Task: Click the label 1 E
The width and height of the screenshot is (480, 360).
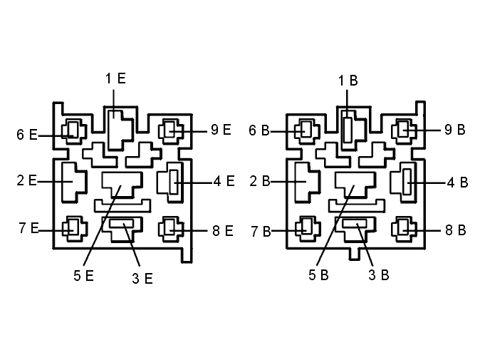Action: (x=115, y=78)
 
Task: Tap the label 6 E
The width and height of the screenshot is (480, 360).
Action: (x=26, y=135)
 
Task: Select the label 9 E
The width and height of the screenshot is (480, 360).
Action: (x=221, y=130)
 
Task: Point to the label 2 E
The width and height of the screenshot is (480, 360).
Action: (x=26, y=180)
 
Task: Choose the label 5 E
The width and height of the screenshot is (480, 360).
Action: (x=83, y=275)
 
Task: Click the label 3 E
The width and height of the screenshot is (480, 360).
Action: (x=142, y=279)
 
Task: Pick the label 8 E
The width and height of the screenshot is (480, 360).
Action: (x=223, y=231)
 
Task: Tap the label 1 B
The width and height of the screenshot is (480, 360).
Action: (x=348, y=81)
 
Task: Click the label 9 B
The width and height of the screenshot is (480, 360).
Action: (x=455, y=130)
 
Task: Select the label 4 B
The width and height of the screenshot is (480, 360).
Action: (x=458, y=182)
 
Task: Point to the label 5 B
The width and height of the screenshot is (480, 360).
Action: (x=318, y=275)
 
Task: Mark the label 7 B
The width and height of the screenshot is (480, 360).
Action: (x=261, y=232)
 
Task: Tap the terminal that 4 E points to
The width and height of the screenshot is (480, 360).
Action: (x=174, y=182)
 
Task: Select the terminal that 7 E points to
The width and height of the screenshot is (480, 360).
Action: (x=73, y=226)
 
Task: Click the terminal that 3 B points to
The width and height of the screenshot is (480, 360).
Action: (x=355, y=223)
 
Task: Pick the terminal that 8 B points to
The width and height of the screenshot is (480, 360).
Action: (x=403, y=226)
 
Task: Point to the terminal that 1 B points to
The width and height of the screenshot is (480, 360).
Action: (x=347, y=130)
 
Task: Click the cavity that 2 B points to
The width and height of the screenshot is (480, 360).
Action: (x=307, y=182)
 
